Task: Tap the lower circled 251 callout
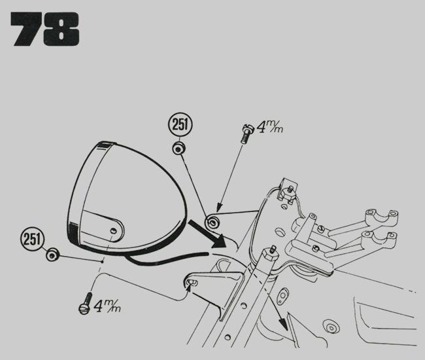click(x=31, y=236)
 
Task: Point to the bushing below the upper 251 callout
click(x=177, y=149)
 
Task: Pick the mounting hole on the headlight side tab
click(x=114, y=231)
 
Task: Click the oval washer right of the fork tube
click(x=284, y=295)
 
